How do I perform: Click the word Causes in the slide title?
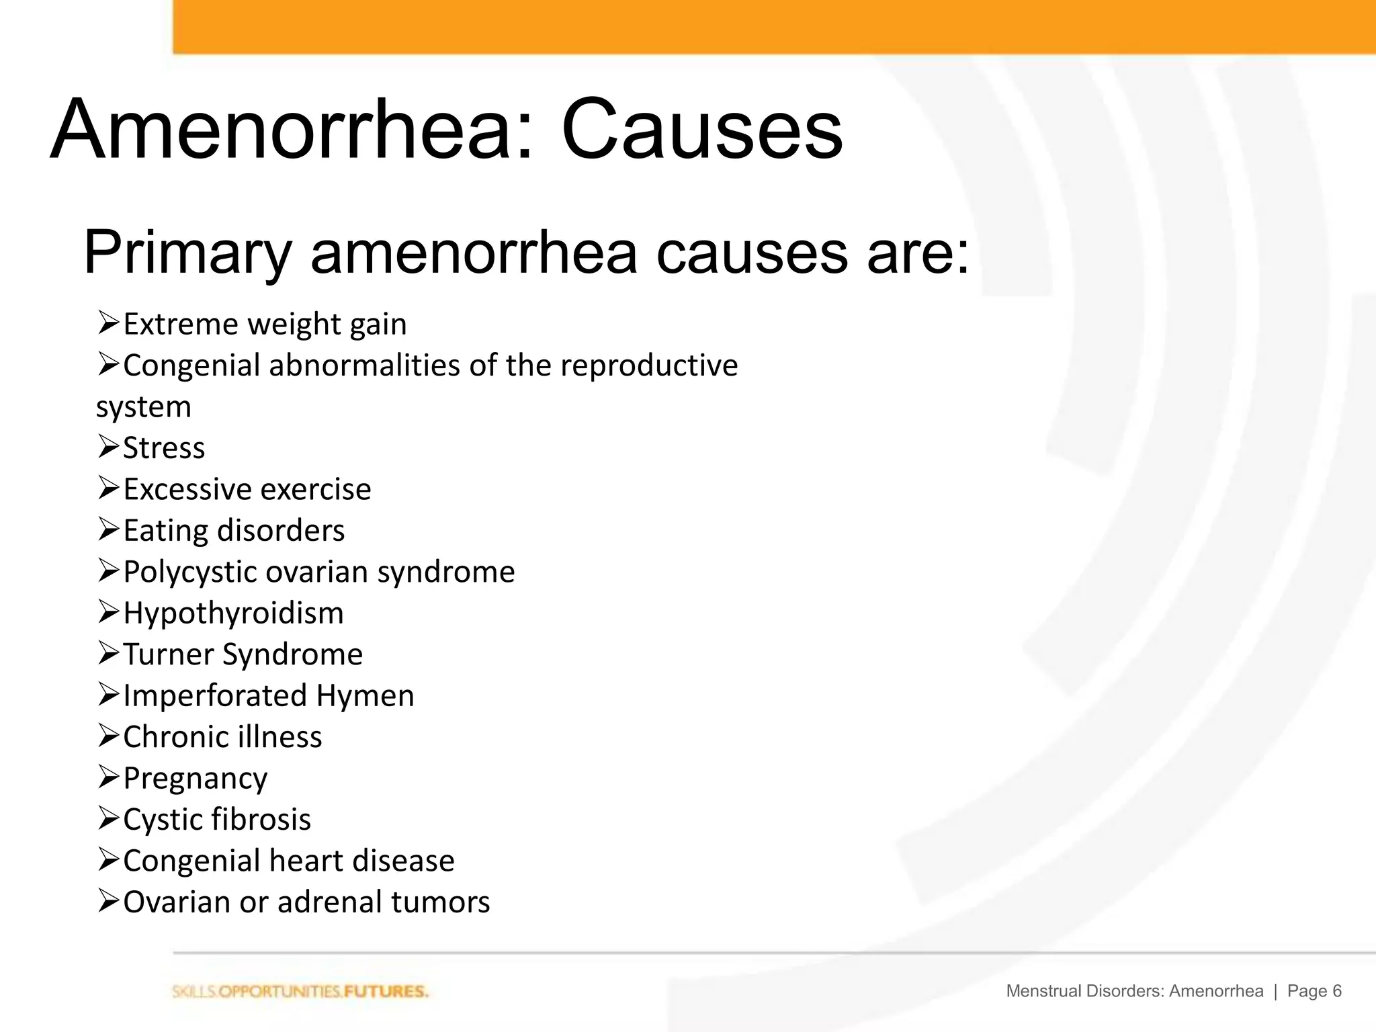click(701, 129)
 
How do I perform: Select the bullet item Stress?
click(164, 447)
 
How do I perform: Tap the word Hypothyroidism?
click(233, 613)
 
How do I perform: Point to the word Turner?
click(168, 654)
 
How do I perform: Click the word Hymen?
click(365, 695)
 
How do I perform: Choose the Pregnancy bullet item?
click(195, 779)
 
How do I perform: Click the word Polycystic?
click(190, 572)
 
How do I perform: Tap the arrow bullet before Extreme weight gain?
click(108, 323)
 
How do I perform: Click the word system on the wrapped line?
click(144, 407)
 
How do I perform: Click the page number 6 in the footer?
click(1336, 991)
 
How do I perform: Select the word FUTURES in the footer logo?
click(386, 992)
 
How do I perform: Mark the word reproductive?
click(648, 365)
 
